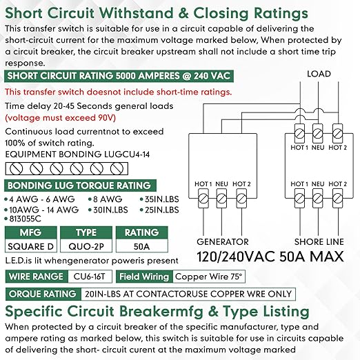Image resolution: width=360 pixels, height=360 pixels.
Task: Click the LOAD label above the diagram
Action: click(319, 74)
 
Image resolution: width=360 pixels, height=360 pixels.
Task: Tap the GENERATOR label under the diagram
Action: click(223, 242)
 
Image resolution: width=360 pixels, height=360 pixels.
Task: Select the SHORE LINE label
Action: click(319, 242)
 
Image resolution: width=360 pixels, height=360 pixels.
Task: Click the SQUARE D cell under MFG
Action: click(31, 246)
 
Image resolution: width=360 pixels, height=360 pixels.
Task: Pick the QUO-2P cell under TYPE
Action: click(86, 246)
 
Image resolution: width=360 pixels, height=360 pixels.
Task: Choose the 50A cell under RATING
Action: click(142, 246)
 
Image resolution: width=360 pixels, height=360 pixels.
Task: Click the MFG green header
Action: click(31, 232)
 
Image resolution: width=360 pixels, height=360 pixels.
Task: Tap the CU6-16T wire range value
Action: click(90, 277)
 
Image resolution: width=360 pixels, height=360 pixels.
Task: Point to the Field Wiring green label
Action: click(144, 277)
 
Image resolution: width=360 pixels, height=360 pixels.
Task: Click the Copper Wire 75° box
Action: click(209, 277)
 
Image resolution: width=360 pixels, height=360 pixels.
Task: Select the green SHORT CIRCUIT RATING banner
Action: click(119, 76)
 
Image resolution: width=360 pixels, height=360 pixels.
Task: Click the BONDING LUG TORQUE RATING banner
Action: click(80, 186)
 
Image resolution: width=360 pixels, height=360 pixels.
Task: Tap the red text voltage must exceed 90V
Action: click(61, 118)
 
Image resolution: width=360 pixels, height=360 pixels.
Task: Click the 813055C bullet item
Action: click(23, 219)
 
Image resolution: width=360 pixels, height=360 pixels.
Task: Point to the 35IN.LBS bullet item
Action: click(159, 199)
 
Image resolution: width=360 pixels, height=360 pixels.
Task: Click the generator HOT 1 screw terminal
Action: click(203, 199)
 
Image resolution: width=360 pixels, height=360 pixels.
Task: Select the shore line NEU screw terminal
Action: click(318, 199)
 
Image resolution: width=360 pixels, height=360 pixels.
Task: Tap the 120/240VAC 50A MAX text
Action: click(270, 257)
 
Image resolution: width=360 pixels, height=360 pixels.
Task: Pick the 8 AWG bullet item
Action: click(106, 199)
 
